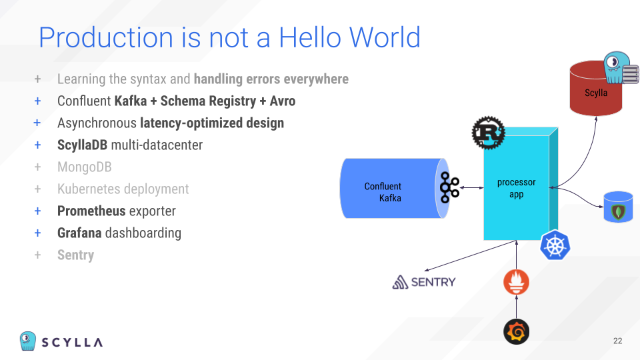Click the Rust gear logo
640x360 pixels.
coord(488,133)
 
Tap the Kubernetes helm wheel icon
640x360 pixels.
coord(555,245)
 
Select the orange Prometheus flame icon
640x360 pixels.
coord(516,282)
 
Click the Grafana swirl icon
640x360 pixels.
coord(516,332)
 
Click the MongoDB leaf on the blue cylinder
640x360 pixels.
coord(619,212)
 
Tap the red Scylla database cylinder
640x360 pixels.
coord(596,88)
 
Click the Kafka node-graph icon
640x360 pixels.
coord(449,188)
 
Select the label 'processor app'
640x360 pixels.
coord(516,188)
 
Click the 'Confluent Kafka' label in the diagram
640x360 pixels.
coord(383,192)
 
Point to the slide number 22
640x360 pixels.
coord(617,341)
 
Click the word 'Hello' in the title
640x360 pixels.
coord(311,37)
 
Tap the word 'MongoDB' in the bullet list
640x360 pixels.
coord(85,167)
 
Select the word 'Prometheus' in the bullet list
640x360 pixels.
coord(91,211)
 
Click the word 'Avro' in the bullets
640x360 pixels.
coord(283,101)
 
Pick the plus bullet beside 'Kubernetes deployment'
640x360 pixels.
coord(37,189)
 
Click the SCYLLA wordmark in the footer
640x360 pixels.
coord(72,343)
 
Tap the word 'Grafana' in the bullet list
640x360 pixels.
coord(79,233)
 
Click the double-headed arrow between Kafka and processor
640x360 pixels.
coord(471,188)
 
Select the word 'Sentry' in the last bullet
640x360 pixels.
coord(75,255)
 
